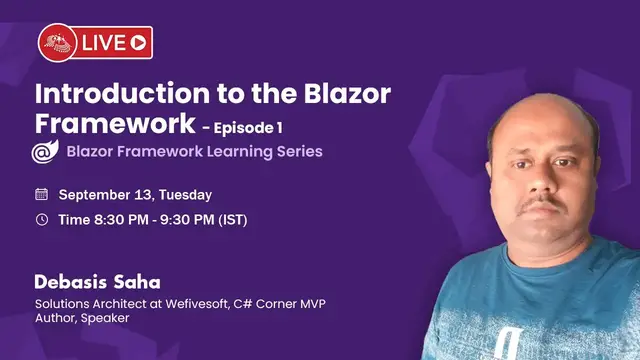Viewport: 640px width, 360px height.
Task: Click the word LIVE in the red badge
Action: [x=104, y=42]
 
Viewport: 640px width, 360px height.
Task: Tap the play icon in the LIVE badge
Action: [x=138, y=42]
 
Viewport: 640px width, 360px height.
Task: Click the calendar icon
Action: [x=41, y=194]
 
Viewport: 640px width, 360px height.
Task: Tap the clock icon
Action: [x=41, y=219]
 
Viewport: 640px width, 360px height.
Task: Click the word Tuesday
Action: [x=185, y=194]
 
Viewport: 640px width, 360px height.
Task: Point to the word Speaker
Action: [x=105, y=318]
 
